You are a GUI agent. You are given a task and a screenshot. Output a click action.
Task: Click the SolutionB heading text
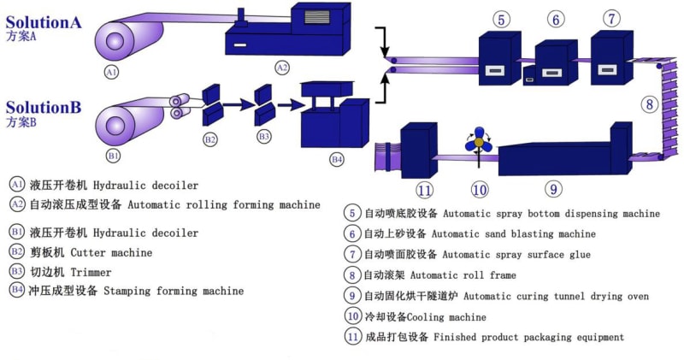tap(43, 108)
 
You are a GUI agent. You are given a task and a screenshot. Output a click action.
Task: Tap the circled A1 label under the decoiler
tap(111, 73)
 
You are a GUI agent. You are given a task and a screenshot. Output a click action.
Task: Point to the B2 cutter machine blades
tap(211, 101)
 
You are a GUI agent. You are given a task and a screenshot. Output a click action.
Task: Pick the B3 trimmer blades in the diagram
tap(263, 102)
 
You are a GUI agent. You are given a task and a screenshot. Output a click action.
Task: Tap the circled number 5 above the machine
tap(501, 18)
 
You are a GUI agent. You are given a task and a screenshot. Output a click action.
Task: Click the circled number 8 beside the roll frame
tap(651, 105)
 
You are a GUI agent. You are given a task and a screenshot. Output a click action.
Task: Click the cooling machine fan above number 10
tap(480, 142)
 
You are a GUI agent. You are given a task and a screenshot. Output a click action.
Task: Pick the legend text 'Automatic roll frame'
tap(463, 275)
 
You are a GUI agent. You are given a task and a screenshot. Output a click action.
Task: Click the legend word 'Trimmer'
tap(91, 272)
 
